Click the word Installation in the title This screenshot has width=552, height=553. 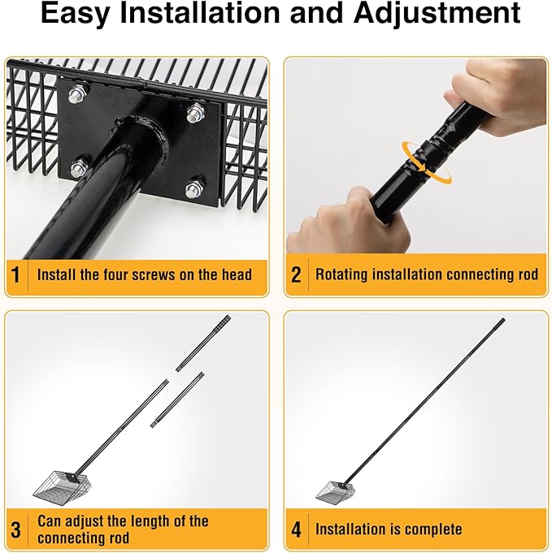tap(199, 13)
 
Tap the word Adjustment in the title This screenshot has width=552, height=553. tap(437, 14)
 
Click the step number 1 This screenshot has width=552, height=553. tap(15, 274)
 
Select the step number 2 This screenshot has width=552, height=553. tap(296, 274)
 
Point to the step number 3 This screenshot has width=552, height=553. tap(16, 529)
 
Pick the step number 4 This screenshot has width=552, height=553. tap(296, 529)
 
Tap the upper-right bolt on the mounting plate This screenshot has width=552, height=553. tap(195, 113)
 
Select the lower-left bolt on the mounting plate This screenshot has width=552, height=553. tap(79, 168)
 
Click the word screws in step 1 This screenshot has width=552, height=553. tap(149, 274)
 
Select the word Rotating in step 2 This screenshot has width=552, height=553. tap(341, 274)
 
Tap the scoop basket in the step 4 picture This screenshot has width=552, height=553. tap(331, 492)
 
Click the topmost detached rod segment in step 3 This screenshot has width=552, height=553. tap(203, 343)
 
